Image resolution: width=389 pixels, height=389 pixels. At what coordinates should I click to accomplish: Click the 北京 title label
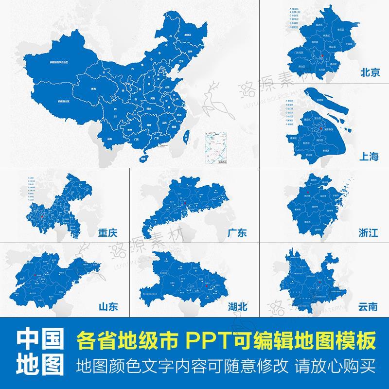tap(370, 73)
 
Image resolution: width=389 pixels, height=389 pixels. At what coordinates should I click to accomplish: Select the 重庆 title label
tap(107, 233)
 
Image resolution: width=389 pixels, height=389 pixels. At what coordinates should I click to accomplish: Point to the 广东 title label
tap(237, 233)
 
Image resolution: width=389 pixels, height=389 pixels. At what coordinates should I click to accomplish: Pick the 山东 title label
tap(108, 307)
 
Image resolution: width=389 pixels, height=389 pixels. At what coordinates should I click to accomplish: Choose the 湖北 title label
tap(237, 307)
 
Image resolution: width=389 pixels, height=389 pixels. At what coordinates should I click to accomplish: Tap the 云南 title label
tap(368, 307)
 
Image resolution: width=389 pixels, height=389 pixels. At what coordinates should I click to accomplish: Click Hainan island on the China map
tap(143, 158)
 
